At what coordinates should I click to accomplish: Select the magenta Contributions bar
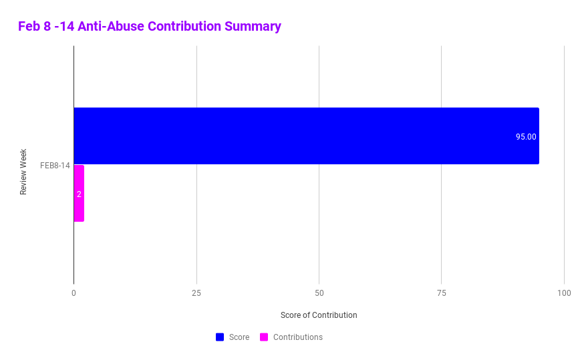pyautogui.click(x=79, y=193)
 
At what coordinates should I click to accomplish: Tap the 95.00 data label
pyautogui.click(x=525, y=137)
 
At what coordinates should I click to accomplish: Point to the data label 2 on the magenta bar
pyautogui.click(x=79, y=194)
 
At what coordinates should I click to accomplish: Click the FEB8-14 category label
pyautogui.click(x=55, y=166)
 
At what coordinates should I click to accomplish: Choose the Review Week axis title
pyautogui.click(x=23, y=172)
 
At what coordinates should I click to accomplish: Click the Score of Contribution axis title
pyautogui.click(x=319, y=315)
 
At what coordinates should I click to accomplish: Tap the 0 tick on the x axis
pyautogui.click(x=74, y=293)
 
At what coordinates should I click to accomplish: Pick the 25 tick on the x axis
pyautogui.click(x=196, y=293)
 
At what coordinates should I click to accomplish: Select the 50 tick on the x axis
pyautogui.click(x=319, y=293)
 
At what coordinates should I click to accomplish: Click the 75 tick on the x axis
pyautogui.click(x=442, y=293)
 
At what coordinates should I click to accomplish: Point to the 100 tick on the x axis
pyautogui.click(x=564, y=293)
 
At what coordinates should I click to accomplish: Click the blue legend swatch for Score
pyautogui.click(x=220, y=337)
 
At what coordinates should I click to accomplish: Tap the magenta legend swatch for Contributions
pyautogui.click(x=264, y=337)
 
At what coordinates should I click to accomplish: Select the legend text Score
pyautogui.click(x=239, y=337)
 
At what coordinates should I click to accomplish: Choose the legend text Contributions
pyautogui.click(x=297, y=337)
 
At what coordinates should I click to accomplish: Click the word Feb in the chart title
pyautogui.click(x=29, y=27)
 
